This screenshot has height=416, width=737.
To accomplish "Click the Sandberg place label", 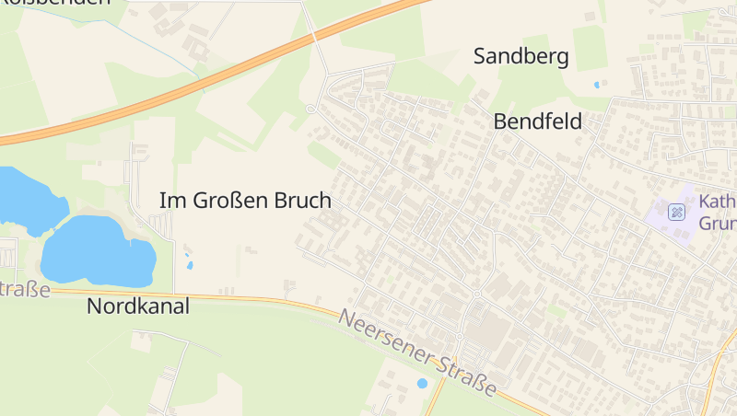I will (x=521, y=56).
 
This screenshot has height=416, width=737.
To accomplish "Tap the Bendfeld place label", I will (x=537, y=121).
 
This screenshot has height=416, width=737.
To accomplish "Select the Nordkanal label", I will (x=138, y=306).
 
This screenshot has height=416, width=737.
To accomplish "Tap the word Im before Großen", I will (x=170, y=200).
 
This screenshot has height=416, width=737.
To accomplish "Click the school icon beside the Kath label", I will (x=677, y=213).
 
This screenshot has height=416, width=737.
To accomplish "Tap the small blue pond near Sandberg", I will (x=598, y=85).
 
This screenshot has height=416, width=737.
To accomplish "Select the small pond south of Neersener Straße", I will (x=422, y=383).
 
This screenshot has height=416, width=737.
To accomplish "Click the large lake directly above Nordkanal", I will (x=97, y=251).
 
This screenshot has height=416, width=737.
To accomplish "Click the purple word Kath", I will (x=717, y=202).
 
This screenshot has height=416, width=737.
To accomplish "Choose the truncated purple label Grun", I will (x=717, y=224).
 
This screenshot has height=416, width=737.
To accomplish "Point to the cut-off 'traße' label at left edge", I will (x=25, y=289).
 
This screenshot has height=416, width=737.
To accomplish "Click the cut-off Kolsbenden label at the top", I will (x=55, y=3).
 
